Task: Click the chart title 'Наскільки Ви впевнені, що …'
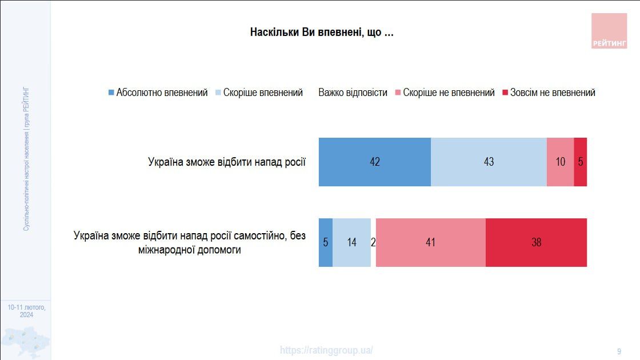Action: click(x=322, y=33)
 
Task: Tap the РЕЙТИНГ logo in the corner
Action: click(x=609, y=31)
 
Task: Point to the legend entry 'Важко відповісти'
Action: click(x=353, y=93)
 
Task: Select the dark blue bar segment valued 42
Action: click(x=374, y=162)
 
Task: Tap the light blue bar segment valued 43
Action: click(x=489, y=162)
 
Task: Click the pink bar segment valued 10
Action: click(x=560, y=162)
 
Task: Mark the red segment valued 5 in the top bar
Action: click(x=581, y=162)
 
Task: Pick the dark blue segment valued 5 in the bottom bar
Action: click(x=325, y=242)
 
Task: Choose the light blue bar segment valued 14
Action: click(x=351, y=242)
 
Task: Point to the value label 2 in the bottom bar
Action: click(x=373, y=242)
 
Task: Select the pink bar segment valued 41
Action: click(x=430, y=242)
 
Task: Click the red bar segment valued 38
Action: click(x=536, y=242)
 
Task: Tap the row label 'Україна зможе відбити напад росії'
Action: click(x=227, y=162)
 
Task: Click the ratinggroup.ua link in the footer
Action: click(x=326, y=350)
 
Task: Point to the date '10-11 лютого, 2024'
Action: click(x=26, y=311)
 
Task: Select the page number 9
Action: click(x=619, y=351)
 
